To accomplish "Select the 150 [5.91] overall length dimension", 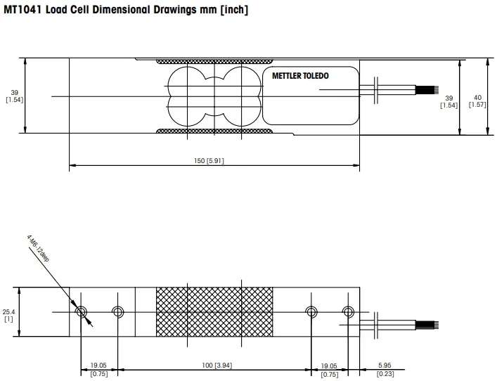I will [209, 161].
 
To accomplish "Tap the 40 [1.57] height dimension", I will [478, 101].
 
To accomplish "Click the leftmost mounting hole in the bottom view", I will [81, 311].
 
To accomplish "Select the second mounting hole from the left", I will [117, 311].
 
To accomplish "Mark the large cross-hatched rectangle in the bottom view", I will [214, 311].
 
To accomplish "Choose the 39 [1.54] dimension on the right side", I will [448, 101].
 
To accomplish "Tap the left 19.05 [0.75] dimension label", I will [98, 370].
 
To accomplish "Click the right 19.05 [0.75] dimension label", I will [329, 370].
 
